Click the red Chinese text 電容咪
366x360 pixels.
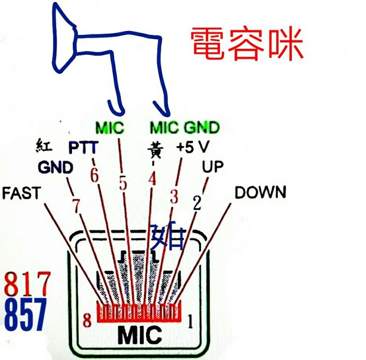click(247, 44)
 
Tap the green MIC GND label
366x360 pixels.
click(185, 128)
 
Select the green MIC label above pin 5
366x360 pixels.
click(110, 128)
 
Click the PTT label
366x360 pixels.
click(84, 147)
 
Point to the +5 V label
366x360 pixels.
click(192, 147)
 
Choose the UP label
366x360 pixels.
click(213, 167)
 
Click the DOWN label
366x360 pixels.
click(260, 192)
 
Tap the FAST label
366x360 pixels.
click(22, 193)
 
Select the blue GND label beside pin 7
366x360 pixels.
click(56, 167)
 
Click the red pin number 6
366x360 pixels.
click(94, 176)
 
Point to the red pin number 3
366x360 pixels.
click(174, 196)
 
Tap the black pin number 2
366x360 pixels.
click(197, 202)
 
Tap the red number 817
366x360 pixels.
click(27, 285)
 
